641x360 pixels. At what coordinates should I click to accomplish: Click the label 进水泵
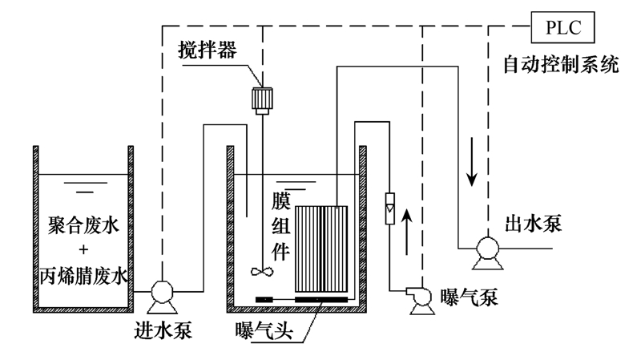click(x=164, y=330)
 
